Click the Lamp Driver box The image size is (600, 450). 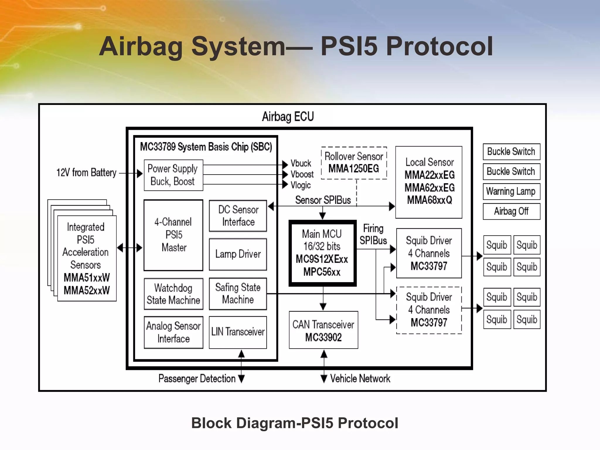238,254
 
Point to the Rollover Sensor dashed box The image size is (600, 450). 354,163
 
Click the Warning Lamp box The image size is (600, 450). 511,191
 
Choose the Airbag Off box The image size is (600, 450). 511,211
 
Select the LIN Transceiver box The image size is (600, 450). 238,332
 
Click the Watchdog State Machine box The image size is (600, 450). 173,294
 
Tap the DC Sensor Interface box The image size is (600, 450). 238,216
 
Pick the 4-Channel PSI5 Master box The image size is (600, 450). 173,235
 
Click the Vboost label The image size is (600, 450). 302,174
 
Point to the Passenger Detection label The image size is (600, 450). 197,379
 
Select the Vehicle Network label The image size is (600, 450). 360,379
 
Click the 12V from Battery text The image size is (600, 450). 86,173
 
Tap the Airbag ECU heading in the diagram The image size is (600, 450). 288,117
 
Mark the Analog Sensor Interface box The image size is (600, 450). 173,332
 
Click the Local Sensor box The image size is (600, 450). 429,182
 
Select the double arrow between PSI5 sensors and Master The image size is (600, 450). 129,248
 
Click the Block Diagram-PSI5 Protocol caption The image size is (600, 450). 294,423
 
